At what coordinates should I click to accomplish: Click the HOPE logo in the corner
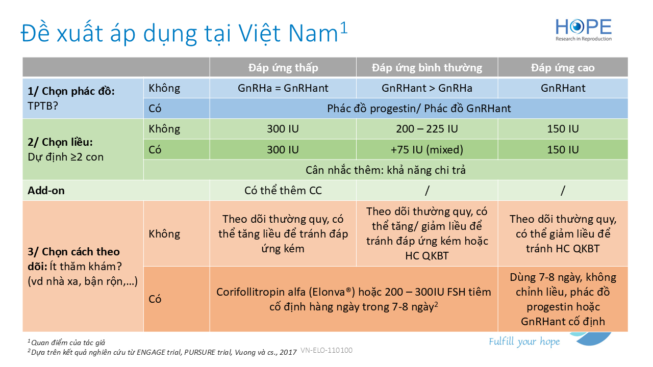click(x=584, y=30)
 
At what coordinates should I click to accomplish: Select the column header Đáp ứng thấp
click(x=283, y=68)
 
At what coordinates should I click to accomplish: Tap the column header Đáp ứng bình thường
click(x=427, y=68)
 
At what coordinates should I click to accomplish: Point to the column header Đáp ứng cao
click(x=563, y=68)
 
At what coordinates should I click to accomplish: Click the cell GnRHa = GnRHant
click(x=283, y=88)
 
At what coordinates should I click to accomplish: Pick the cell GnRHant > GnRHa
click(x=427, y=88)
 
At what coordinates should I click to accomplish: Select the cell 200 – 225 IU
click(x=427, y=129)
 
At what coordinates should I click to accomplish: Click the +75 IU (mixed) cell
click(x=427, y=149)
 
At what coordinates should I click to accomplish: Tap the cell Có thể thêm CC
click(x=283, y=190)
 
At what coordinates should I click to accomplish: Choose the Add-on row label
click(x=46, y=190)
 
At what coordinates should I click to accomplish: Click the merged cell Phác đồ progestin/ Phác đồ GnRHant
click(x=419, y=109)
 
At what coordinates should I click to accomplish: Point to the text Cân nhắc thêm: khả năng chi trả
click(x=385, y=170)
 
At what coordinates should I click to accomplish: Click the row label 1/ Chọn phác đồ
click(x=71, y=91)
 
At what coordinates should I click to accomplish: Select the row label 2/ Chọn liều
click(x=60, y=142)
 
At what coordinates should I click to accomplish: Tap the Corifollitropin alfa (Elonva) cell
click(x=354, y=299)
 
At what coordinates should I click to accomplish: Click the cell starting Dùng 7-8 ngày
click(x=563, y=299)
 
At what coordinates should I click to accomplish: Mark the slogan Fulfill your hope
click(x=524, y=342)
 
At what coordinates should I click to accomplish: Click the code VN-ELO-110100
click(x=326, y=350)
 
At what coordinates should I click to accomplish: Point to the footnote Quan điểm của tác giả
click(x=66, y=343)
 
